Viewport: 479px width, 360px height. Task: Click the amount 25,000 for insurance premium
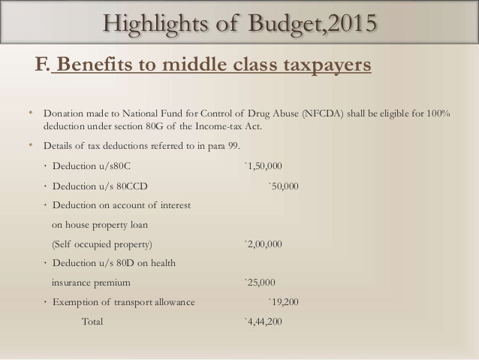pyautogui.click(x=259, y=283)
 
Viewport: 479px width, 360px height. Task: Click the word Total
pyautogui.click(x=92, y=322)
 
